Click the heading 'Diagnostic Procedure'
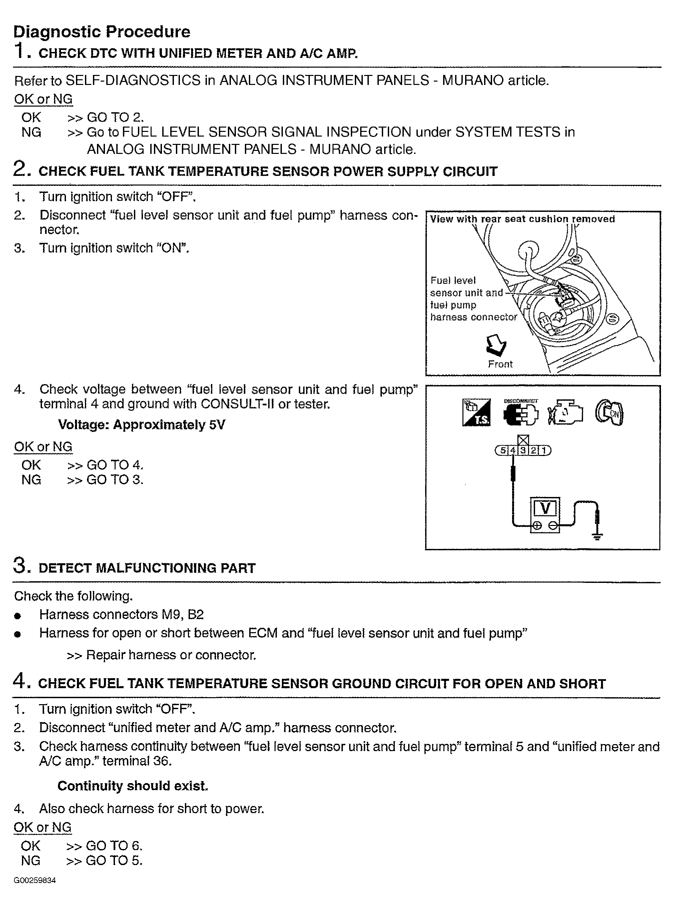click(x=102, y=32)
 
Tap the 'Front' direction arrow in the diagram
click(x=496, y=345)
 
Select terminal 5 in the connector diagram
click(x=503, y=450)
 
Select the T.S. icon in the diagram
click(x=476, y=413)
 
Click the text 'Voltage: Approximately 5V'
click(x=141, y=425)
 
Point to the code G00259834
click(x=35, y=880)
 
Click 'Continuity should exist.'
click(x=133, y=786)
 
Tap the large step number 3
click(x=20, y=566)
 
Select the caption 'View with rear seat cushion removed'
click(x=522, y=219)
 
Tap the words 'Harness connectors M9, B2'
click(x=121, y=614)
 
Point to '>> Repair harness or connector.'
click(x=162, y=655)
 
